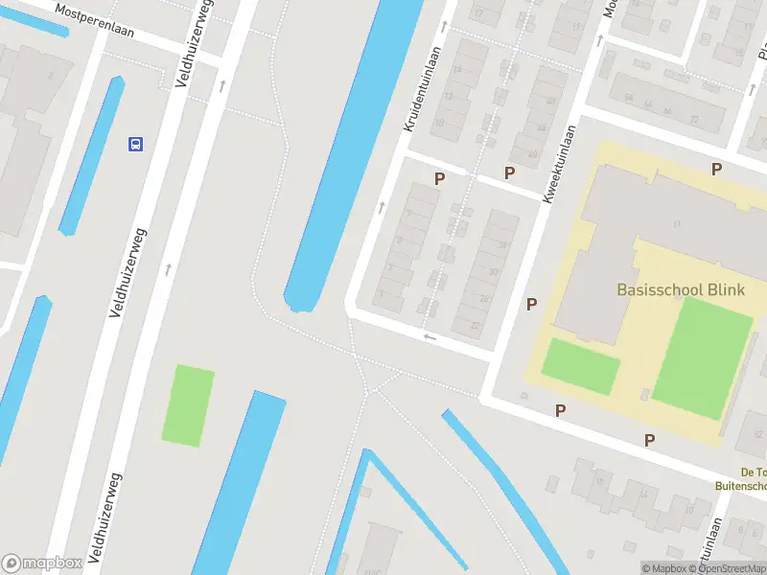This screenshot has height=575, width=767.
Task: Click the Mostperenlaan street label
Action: tap(95, 21)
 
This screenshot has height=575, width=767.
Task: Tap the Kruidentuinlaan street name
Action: tap(423, 89)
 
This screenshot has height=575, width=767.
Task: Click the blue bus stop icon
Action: tap(136, 145)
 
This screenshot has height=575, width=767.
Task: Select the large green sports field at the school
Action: tap(703, 356)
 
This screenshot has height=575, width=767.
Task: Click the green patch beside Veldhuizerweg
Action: tap(189, 404)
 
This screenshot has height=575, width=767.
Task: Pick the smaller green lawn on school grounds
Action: tap(581, 365)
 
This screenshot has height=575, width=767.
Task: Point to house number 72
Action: tap(694, 111)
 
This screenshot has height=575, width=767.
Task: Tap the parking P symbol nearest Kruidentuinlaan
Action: tap(440, 178)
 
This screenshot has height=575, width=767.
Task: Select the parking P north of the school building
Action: tap(716, 170)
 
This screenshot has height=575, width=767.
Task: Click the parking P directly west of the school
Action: tap(531, 304)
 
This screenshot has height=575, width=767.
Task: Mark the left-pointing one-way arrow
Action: tap(430, 337)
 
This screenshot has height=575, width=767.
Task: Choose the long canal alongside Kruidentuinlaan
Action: tap(353, 153)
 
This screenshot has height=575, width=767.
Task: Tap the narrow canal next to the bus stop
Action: tap(92, 157)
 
